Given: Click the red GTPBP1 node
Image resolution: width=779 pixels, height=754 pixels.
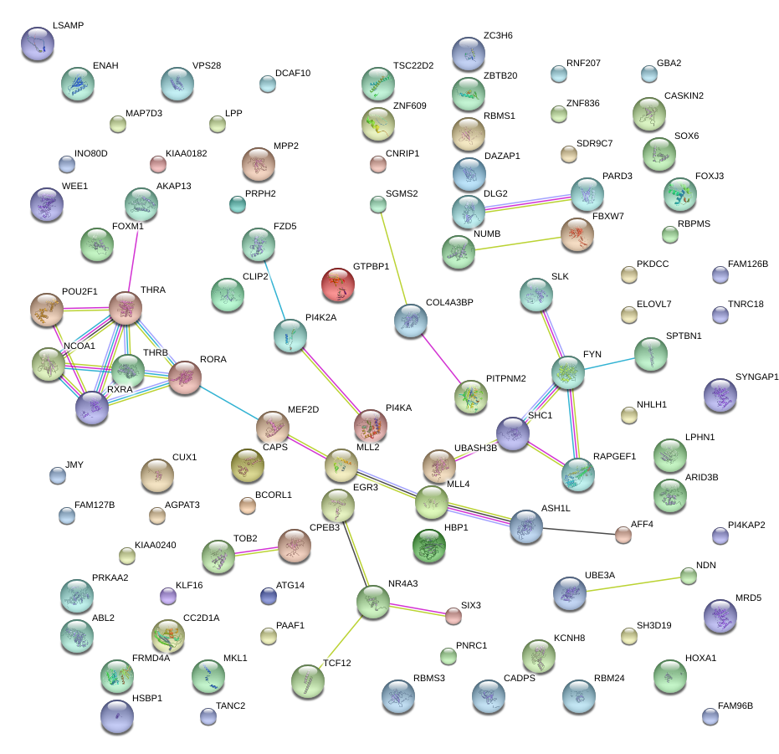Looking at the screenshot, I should coord(338,285).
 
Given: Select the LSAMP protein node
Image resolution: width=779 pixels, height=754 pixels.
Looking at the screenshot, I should coord(37,43).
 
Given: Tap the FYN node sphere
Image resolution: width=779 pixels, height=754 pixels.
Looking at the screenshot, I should coord(568,372).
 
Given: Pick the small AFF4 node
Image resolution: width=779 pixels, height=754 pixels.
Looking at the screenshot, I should coord(622,534).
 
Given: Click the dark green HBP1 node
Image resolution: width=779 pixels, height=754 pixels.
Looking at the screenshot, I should coord(430,546).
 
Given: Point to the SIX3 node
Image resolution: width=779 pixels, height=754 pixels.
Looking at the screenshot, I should coord(453,616).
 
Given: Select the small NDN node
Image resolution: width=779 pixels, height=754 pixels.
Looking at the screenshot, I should coord(688,575).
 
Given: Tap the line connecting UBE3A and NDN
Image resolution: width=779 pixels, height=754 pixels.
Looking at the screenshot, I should coord(636,583).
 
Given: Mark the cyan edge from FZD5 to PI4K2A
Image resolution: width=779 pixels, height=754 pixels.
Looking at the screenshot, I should coord(274,290).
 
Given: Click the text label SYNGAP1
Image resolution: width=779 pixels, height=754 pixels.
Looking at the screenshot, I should coord(756,377).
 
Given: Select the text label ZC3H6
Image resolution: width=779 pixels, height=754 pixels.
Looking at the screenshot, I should coord(498,36).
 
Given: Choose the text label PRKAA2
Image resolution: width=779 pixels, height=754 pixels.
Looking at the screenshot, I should coord(110,577).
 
